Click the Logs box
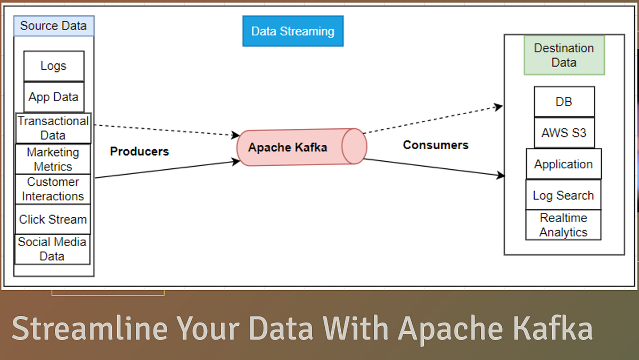pos(54,66)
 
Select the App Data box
pos(54,97)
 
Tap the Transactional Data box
pos(53,128)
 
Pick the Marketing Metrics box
pos(53,159)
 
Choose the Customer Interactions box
pos(53,189)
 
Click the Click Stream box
pos(53,219)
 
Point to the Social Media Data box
pos(52,249)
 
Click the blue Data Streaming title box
pos(293,31)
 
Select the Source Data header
pos(54,26)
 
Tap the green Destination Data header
pos(564,55)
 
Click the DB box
pos(564,102)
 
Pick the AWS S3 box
pos(564,133)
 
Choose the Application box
pos(563,164)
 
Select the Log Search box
pos(563,195)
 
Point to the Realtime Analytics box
pos(563,225)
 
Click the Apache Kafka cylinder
pos(301,147)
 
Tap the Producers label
pos(140,151)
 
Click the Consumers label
pos(436,145)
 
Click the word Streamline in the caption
pos(89,328)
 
